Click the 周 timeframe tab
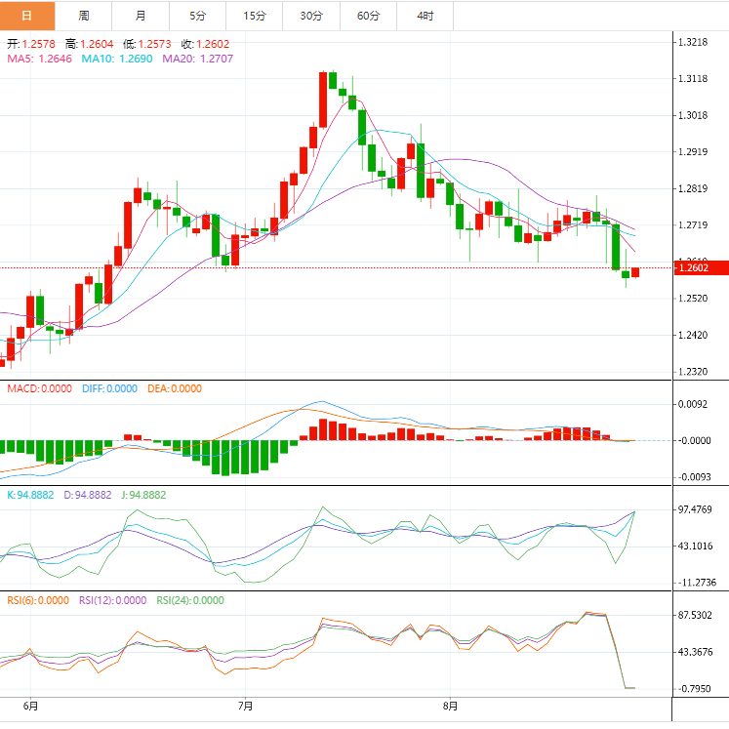point(84,16)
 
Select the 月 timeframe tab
point(141,16)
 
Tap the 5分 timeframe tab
point(197,16)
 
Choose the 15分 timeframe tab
point(254,16)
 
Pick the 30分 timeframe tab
point(311,16)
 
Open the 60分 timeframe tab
point(368,16)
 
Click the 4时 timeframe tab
point(425,16)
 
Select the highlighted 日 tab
point(27,16)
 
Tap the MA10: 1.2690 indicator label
point(116,59)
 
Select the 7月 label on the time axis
point(245,705)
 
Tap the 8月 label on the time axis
point(450,705)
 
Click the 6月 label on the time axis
point(30,705)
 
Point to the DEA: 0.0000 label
point(175,388)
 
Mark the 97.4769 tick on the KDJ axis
point(700,510)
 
